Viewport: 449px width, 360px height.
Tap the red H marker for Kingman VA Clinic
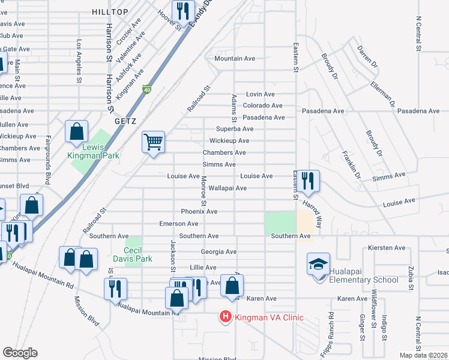pyautogui.click(x=226, y=316)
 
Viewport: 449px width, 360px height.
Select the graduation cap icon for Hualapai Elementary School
pyautogui.click(x=318, y=263)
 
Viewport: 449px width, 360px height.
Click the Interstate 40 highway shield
pyautogui.click(x=146, y=90)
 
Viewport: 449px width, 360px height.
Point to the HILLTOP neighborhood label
pyautogui.click(x=110, y=12)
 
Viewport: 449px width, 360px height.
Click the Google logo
pyautogui.click(x=20, y=352)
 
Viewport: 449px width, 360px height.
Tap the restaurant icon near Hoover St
pyautogui.click(x=182, y=11)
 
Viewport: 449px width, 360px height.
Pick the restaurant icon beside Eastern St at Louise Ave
pyautogui.click(x=308, y=181)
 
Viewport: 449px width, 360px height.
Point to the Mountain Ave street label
pyautogui.click(x=235, y=58)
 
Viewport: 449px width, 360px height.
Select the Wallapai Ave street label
pyautogui.click(x=228, y=188)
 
